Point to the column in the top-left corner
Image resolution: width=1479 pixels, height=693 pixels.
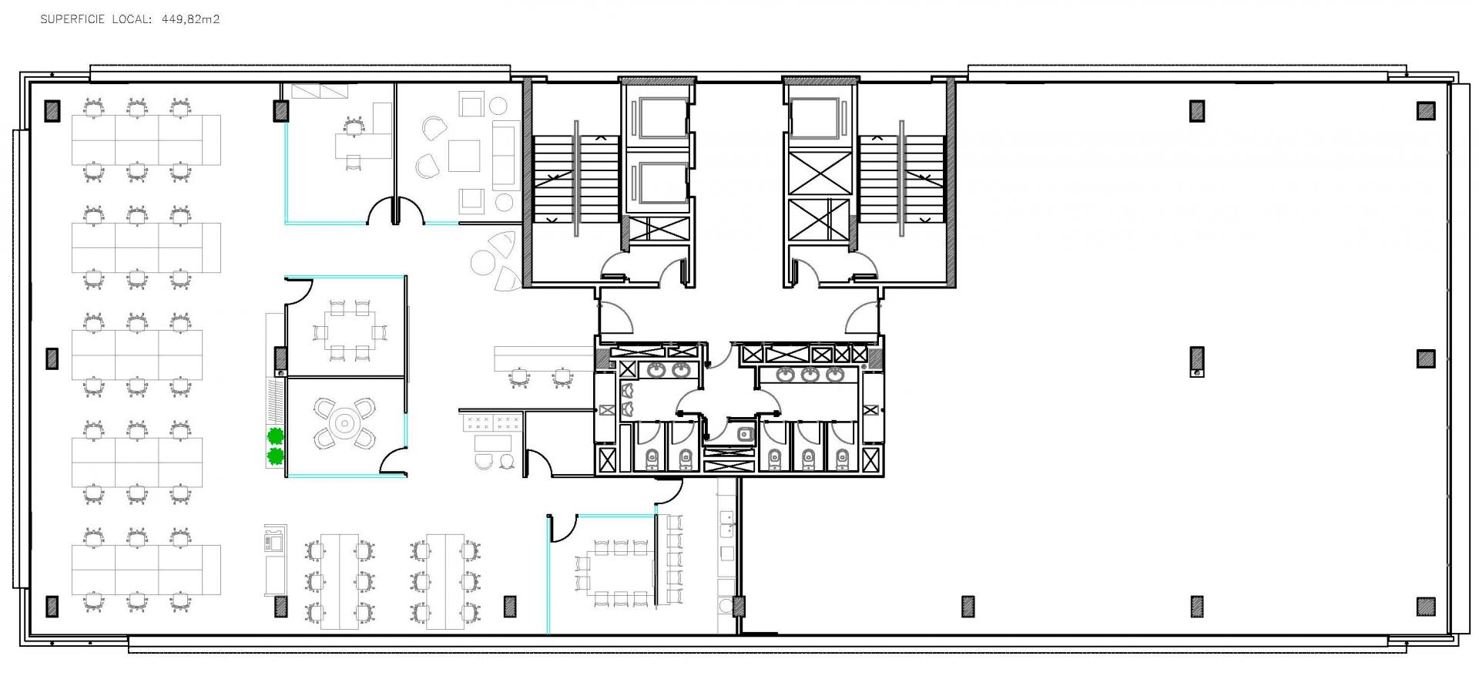(x=52, y=110)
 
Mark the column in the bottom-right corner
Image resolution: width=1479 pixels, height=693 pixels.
(x=1426, y=607)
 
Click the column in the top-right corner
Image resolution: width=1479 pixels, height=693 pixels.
(x=1426, y=110)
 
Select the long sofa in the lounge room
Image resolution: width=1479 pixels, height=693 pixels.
(x=505, y=154)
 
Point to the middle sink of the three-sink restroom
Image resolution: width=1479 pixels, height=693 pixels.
(x=810, y=375)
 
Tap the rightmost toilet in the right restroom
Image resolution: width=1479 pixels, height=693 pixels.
(x=842, y=459)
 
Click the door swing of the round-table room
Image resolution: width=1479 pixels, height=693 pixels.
(x=394, y=461)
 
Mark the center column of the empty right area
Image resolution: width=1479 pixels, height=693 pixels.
(x=1196, y=358)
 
